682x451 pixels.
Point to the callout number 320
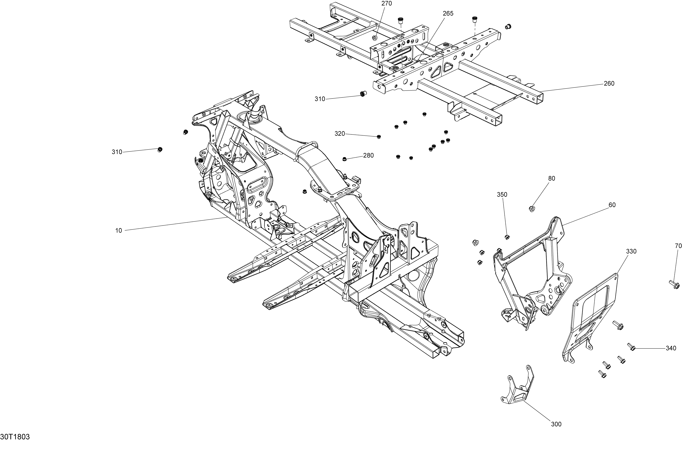pos(340,134)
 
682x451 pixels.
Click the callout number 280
pos(368,156)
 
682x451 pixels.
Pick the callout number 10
pos(119,230)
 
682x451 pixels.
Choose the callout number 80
pos(552,179)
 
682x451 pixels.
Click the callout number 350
pos(502,195)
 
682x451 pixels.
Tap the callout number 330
pos(631,251)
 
